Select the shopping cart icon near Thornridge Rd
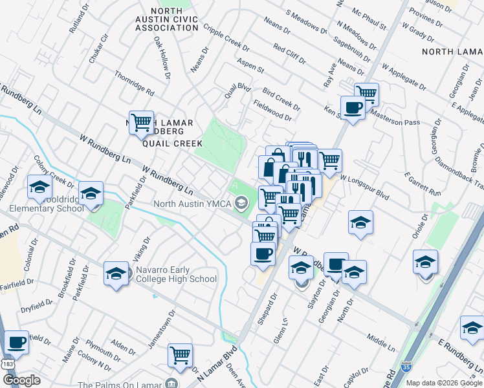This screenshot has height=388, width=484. (140, 122)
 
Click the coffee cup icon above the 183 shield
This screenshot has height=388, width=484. (16, 342)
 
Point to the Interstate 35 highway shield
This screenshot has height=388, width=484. (406, 366)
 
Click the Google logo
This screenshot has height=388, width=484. (21, 380)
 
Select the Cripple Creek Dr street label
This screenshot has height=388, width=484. (226, 38)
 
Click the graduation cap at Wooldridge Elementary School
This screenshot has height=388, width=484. (39, 188)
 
